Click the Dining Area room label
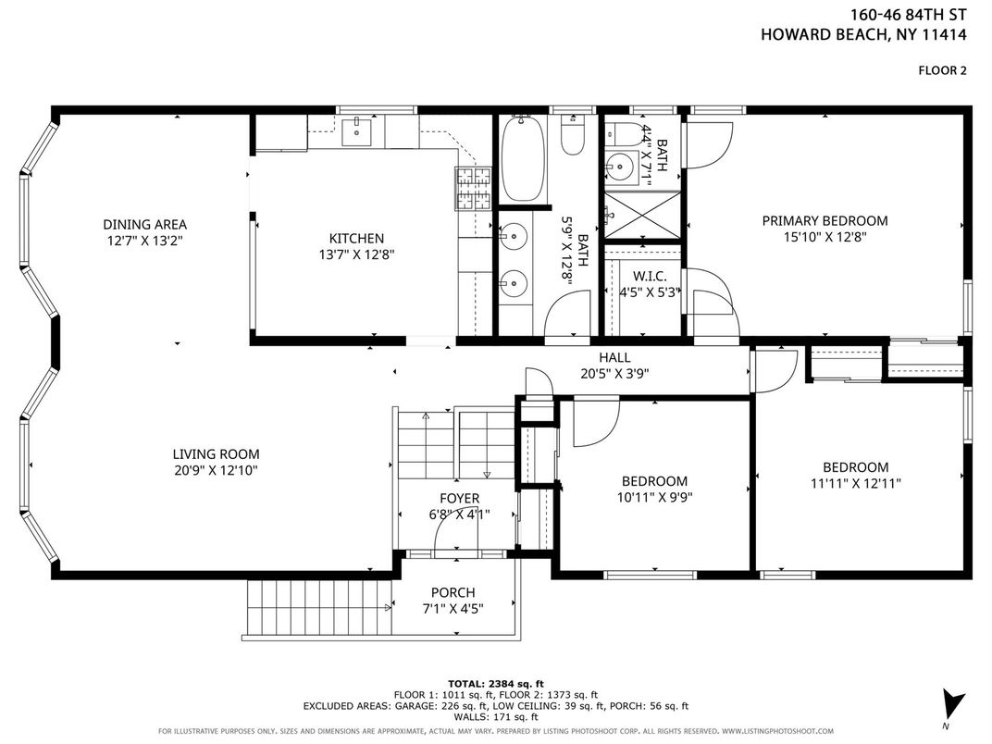point(145,224)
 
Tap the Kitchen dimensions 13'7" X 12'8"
point(357,254)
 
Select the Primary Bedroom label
point(825,221)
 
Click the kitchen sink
point(357,131)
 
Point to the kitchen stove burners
point(473,188)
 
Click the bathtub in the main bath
point(523,158)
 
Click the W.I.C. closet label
point(649,277)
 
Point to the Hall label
point(614,358)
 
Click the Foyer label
point(459,499)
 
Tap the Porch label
point(453,593)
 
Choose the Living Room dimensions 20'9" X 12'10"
point(216,470)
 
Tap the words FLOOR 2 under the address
point(942,70)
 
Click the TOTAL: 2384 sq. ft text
point(495,683)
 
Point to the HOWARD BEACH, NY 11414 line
point(863,34)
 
